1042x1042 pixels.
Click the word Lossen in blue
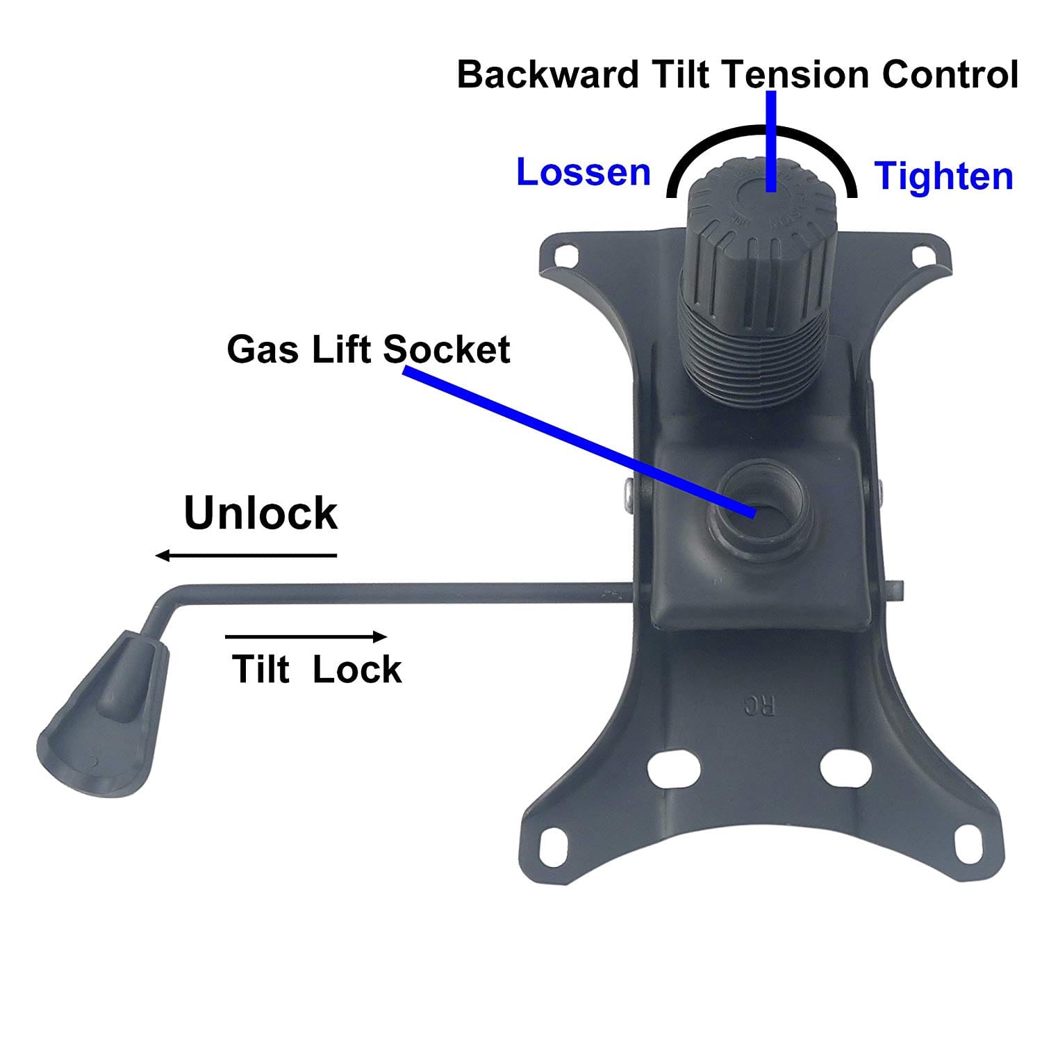pyautogui.click(x=584, y=172)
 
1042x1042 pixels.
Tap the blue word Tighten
pyautogui.click(x=944, y=176)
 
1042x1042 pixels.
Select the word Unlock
pyautogui.click(x=260, y=513)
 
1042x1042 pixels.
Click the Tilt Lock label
pyautogui.click(x=317, y=669)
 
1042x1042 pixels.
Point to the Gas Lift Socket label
pyautogui.click(x=368, y=349)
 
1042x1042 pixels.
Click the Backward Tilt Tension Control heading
pyautogui.click(x=738, y=74)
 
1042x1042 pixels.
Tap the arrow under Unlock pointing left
pyautogui.click(x=246, y=555)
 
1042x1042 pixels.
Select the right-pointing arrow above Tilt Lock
pyautogui.click(x=306, y=636)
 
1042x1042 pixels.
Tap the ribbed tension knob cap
pyautogui.click(x=762, y=222)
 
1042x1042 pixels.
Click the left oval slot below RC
pyautogui.click(x=672, y=768)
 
